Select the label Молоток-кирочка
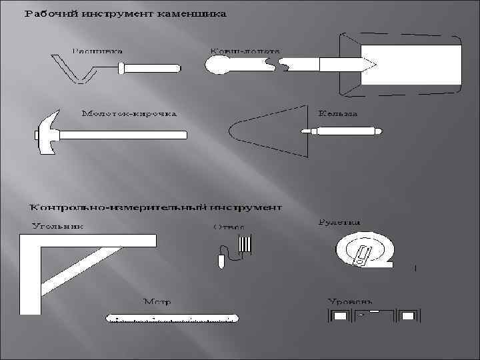129,114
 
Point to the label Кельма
337,114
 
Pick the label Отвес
229,227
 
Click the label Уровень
349,302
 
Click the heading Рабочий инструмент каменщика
126,13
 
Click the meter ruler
171,318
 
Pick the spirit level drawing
373,315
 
